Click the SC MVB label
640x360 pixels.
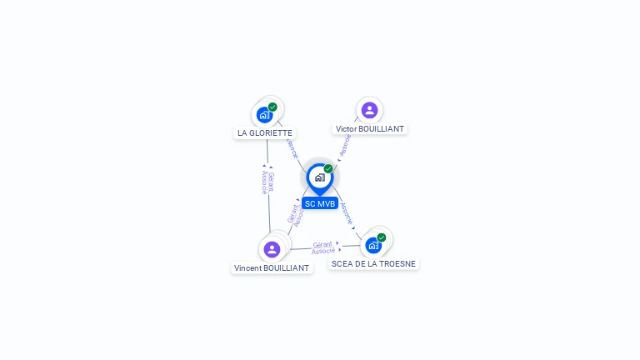click(x=320, y=203)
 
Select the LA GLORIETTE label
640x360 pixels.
click(x=265, y=132)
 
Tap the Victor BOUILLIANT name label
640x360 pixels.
click(x=369, y=129)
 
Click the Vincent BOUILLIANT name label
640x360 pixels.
click(x=272, y=268)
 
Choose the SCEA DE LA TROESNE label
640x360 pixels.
click(x=373, y=263)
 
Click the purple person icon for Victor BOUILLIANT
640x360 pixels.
click(x=369, y=110)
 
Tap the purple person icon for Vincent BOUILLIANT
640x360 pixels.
click(x=272, y=249)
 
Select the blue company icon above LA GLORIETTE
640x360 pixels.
click(x=265, y=115)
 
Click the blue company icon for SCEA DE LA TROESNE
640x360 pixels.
click(x=372, y=246)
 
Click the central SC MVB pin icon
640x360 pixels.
click(x=319, y=177)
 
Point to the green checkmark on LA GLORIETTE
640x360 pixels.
click(x=272, y=107)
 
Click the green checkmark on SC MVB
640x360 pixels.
click(x=328, y=169)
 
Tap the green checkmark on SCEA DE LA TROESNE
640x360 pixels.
click(x=382, y=237)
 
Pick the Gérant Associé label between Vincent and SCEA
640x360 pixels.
click(x=323, y=247)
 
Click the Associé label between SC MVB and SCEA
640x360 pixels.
click(x=347, y=213)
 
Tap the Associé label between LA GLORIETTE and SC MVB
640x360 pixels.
click(x=292, y=149)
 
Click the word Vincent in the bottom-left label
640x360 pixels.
click(x=247, y=268)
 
